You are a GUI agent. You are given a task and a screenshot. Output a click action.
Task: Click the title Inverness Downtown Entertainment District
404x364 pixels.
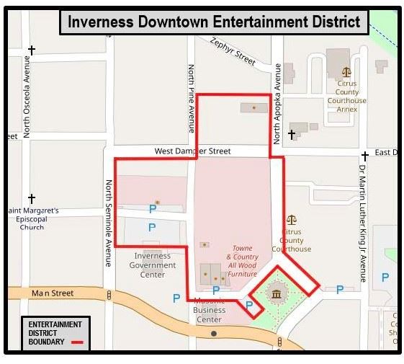[x=214, y=22]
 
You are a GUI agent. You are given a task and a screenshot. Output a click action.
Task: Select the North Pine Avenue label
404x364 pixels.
[x=192, y=98]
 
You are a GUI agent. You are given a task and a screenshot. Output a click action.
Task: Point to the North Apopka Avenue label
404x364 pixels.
[x=277, y=103]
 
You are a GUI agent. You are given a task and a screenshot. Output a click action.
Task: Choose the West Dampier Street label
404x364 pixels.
[x=193, y=151]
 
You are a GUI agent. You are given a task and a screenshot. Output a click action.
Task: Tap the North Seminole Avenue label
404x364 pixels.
[x=109, y=223]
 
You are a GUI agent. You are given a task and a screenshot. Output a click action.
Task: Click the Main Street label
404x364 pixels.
[x=53, y=293]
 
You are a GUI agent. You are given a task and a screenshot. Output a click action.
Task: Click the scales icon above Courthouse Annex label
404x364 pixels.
[x=347, y=72]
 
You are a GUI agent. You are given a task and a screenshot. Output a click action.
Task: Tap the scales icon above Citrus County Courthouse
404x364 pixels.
[x=292, y=219]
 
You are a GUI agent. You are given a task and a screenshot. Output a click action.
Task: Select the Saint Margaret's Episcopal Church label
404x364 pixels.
[x=33, y=219]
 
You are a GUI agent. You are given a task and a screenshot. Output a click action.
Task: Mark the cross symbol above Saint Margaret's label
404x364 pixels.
[x=32, y=198]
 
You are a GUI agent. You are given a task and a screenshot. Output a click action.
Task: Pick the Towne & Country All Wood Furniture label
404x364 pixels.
[x=242, y=261]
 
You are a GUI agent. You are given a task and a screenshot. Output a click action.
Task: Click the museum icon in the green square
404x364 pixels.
[x=276, y=293]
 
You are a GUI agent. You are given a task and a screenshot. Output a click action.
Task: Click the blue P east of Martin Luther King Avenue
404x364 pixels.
[x=385, y=277]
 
